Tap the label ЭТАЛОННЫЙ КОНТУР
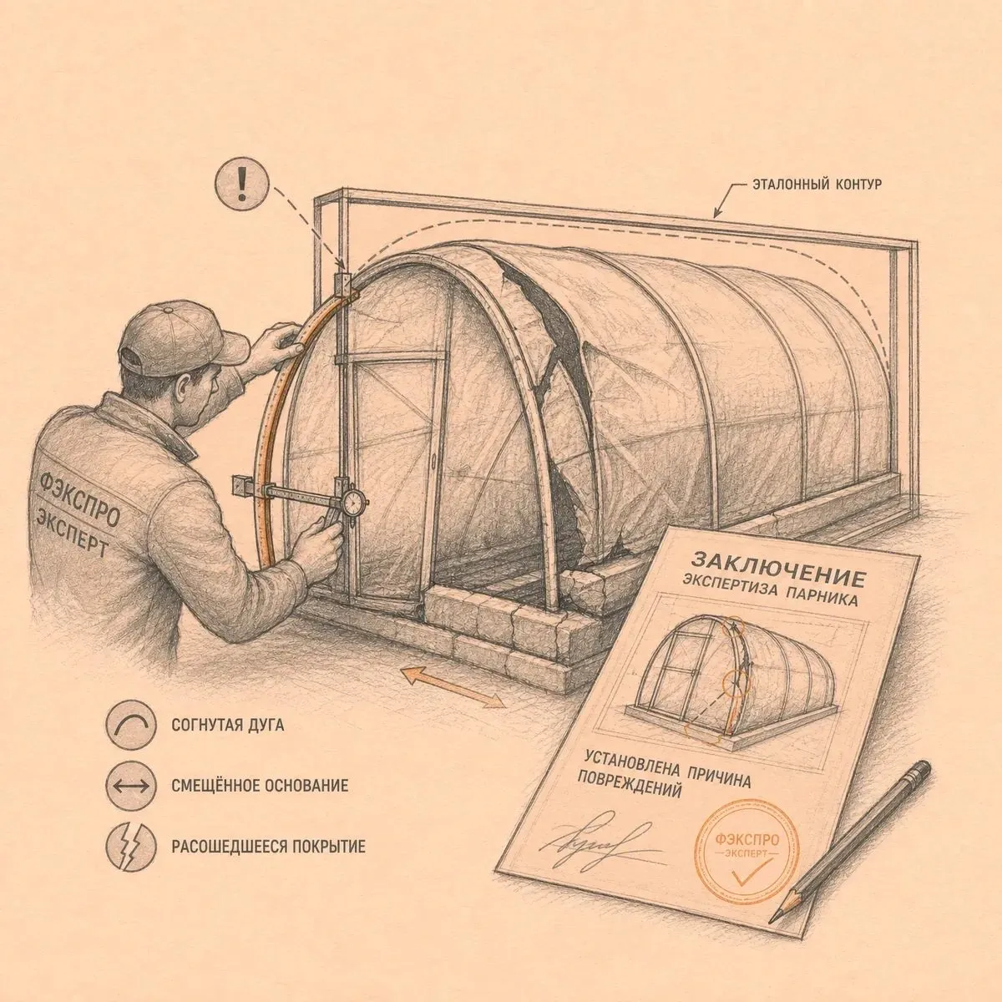coord(817,184)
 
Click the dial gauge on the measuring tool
coord(355,501)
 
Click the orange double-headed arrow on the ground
coord(453,687)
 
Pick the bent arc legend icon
coord(131,724)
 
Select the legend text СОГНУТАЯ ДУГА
coord(228,725)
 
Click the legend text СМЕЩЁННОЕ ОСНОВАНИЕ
coord(260,786)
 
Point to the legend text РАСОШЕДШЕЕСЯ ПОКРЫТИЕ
coord(268,847)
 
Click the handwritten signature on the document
coord(598,846)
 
